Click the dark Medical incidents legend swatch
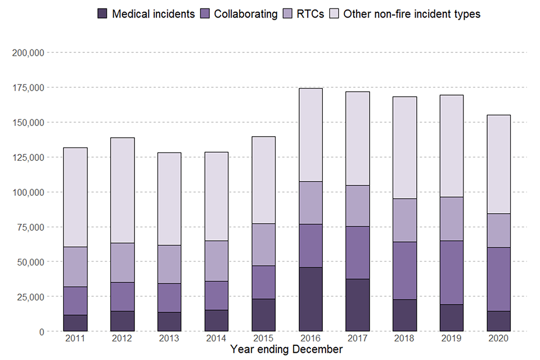tap(102, 13)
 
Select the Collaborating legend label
tap(246, 13)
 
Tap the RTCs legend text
tap(310, 13)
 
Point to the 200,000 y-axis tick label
tap(28, 53)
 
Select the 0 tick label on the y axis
tap(42, 332)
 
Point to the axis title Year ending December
tap(286, 350)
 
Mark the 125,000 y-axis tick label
tap(28, 157)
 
